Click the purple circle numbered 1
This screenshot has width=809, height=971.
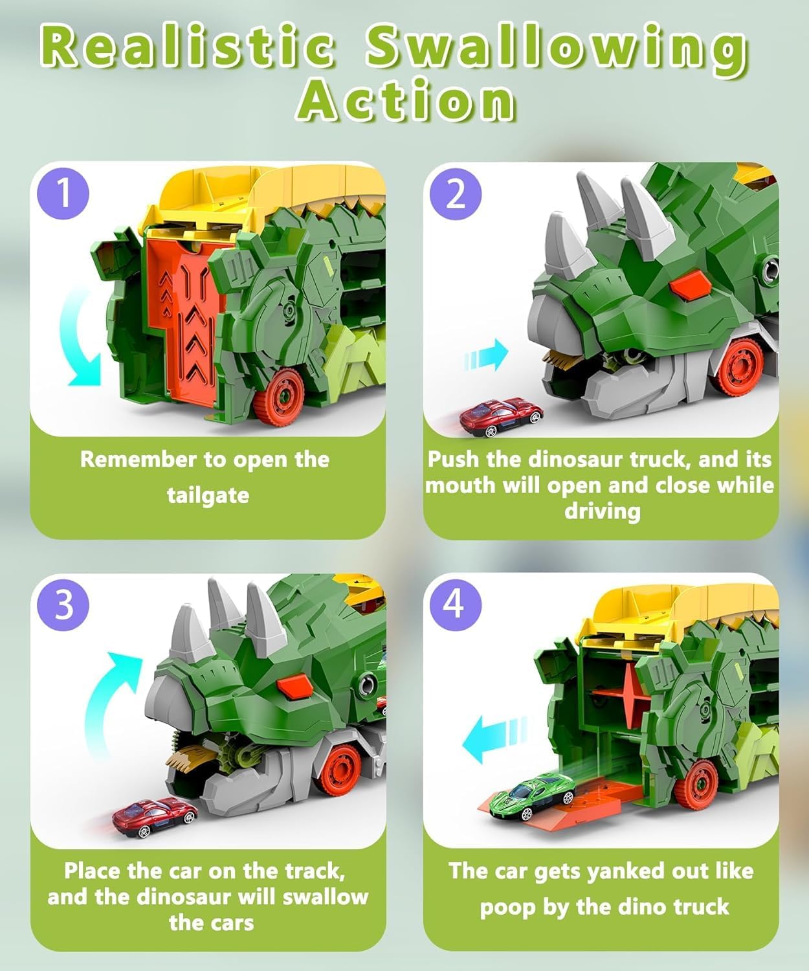[63, 194]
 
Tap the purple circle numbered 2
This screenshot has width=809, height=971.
[456, 194]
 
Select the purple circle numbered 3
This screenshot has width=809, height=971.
[63, 605]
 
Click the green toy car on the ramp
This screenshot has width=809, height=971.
[533, 796]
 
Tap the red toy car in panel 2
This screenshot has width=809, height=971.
[501, 417]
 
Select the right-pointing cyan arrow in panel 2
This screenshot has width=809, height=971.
[486, 355]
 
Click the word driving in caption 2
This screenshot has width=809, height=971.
[603, 512]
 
